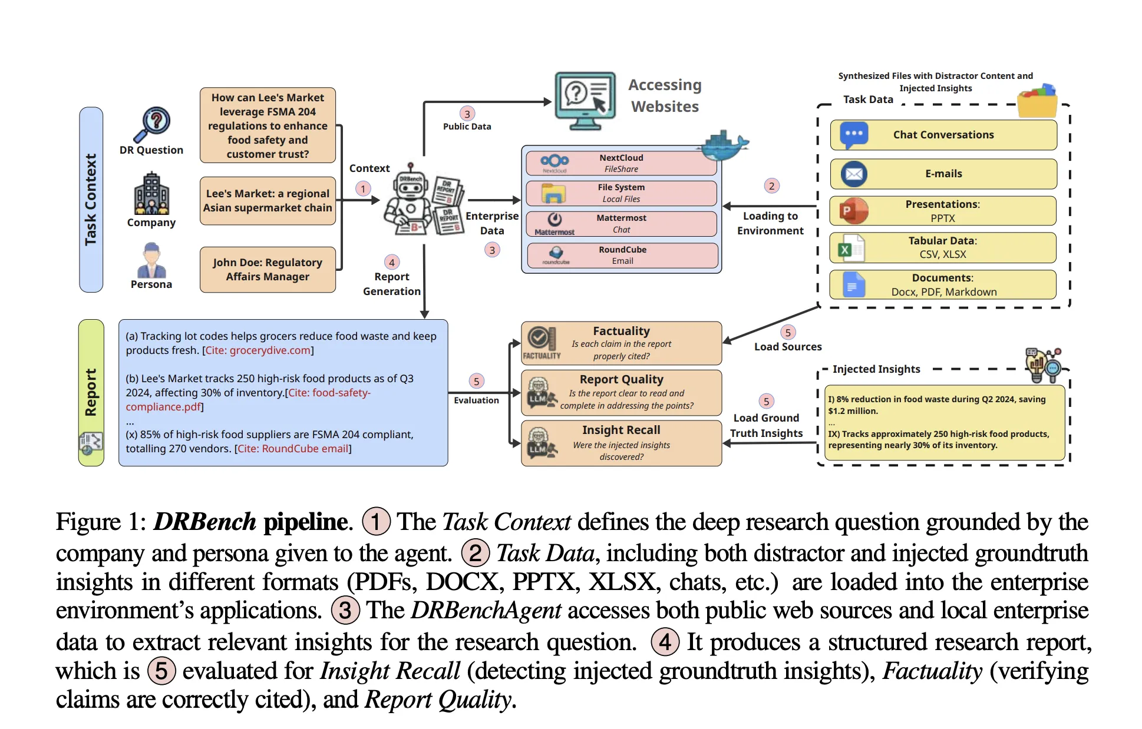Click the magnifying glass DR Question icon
click(152, 124)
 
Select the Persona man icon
click(151, 260)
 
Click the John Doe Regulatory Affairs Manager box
click(268, 270)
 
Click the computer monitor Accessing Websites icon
click(585, 101)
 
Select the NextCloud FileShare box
click(621, 163)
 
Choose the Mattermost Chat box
click(621, 224)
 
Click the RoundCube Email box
click(622, 255)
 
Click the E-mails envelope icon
click(854, 174)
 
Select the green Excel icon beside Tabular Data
click(846, 248)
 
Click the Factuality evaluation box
click(621, 343)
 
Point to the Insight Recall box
click(621, 443)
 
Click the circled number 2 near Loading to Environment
click(771, 186)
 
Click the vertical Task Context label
click(91, 200)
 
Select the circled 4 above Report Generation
click(392, 263)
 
